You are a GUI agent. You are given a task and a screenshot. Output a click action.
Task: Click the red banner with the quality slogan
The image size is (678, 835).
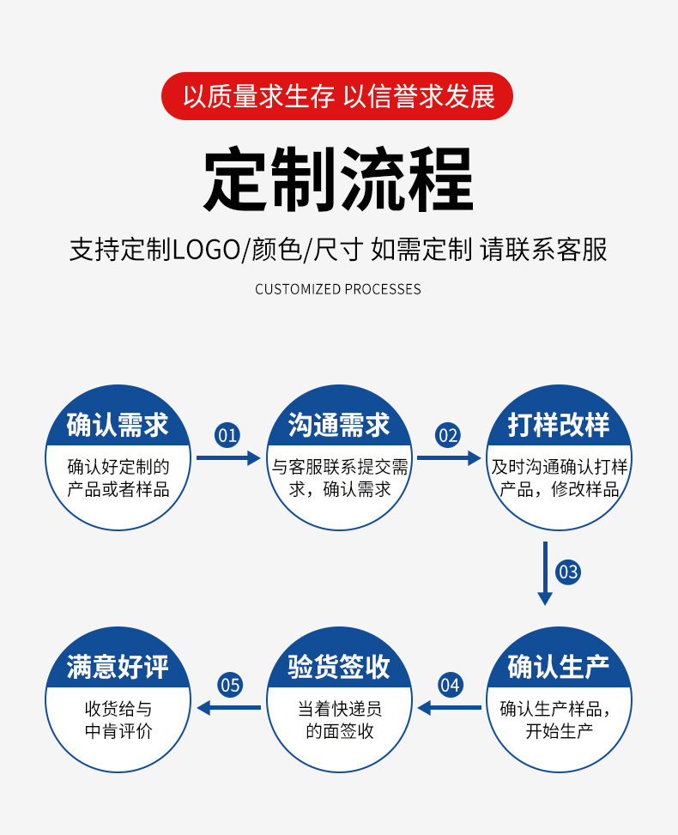(x=338, y=96)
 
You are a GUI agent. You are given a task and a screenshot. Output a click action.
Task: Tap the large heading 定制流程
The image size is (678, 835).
(x=338, y=180)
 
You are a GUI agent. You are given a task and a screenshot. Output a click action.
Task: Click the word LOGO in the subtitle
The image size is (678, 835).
(x=205, y=250)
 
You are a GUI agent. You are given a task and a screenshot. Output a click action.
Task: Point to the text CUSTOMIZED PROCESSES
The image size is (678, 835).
(x=338, y=289)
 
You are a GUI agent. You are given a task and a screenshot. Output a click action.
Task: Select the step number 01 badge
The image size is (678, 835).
(x=227, y=435)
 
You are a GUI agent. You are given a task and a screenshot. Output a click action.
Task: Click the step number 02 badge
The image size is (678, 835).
(x=448, y=435)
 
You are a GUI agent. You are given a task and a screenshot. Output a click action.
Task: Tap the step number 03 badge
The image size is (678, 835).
(x=568, y=571)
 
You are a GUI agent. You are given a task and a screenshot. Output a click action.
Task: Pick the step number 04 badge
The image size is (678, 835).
(x=450, y=685)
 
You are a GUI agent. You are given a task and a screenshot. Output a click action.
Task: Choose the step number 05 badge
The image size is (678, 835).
(x=230, y=685)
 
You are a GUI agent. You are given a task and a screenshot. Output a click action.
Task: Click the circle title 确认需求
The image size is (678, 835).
(x=118, y=425)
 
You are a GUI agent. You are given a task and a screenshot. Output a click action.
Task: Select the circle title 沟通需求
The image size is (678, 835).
(x=339, y=425)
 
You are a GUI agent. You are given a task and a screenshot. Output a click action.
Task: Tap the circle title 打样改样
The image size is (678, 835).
(x=559, y=425)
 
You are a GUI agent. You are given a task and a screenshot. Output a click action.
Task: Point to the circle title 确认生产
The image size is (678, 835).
(x=559, y=667)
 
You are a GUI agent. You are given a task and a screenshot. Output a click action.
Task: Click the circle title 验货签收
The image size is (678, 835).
(x=339, y=667)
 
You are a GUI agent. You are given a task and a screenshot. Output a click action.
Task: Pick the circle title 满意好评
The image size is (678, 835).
(x=118, y=667)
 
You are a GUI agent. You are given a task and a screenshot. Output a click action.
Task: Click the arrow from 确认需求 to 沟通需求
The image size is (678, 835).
(x=227, y=458)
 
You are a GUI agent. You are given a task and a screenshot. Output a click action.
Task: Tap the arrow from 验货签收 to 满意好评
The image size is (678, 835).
(x=229, y=707)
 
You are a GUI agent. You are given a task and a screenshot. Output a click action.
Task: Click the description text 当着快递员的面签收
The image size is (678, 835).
(x=339, y=720)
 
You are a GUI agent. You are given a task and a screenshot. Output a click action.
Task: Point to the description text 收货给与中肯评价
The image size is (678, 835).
(x=118, y=720)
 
